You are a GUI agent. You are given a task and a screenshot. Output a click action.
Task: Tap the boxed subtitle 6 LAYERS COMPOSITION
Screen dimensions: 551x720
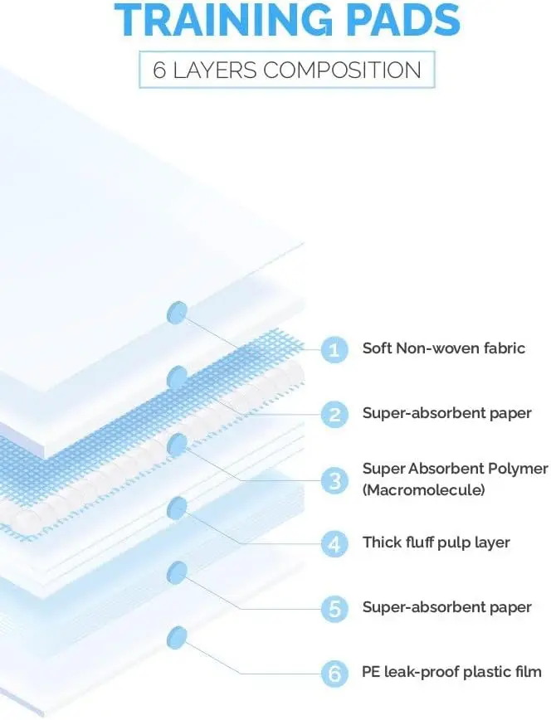pos(287,70)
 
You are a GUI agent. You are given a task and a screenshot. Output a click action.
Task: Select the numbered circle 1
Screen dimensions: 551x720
pos(334,349)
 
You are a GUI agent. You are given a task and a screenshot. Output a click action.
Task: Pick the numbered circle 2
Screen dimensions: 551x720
pos(334,414)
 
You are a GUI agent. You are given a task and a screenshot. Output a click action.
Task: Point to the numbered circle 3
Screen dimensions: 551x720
pos(334,480)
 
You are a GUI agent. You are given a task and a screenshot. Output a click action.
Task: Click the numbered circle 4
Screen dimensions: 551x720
pos(334,543)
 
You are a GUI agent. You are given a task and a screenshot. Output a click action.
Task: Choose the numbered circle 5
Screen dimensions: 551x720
pos(334,608)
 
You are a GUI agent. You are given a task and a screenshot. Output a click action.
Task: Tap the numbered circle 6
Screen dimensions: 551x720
pos(334,674)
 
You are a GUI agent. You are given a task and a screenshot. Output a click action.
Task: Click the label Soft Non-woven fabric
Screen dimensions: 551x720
pos(443,348)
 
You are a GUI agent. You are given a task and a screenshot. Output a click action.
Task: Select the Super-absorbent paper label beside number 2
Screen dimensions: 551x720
pos(446,413)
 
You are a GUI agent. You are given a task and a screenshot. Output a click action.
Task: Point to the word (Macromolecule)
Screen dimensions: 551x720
pos(423,490)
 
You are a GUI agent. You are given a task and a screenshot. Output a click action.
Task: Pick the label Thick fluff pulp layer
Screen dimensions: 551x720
pos(436,542)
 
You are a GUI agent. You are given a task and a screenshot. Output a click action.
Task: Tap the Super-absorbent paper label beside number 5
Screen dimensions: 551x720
pos(446,607)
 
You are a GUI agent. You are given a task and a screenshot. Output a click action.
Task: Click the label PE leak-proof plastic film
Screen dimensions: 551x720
pos(451,672)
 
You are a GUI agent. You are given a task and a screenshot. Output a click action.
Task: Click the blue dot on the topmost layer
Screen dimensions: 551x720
pos(177,313)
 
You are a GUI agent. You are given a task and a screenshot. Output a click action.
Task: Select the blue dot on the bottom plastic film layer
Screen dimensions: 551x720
pos(177,638)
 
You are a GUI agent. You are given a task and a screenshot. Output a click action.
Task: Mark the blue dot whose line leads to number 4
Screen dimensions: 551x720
pos(177,508)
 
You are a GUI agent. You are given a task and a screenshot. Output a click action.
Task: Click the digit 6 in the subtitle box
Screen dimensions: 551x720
pos(159,71)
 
